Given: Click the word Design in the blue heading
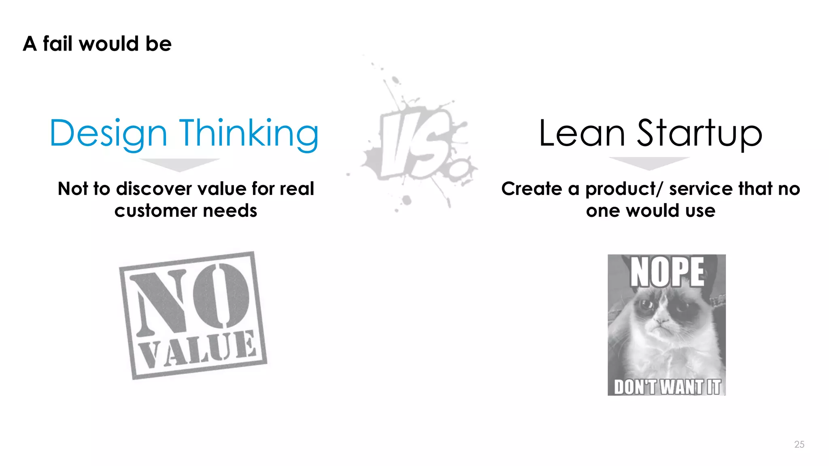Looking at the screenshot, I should [x=108, y=133].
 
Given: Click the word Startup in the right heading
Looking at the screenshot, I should [x=699, y=133].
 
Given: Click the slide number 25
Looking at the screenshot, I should [x=799, y=444].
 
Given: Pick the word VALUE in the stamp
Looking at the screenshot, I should [x=198, y=348].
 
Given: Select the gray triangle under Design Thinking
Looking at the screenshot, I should [x=179, y=164].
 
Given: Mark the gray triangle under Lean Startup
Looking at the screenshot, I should [x=649, y=163].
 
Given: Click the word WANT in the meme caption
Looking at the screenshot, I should [x=682, y=387].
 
